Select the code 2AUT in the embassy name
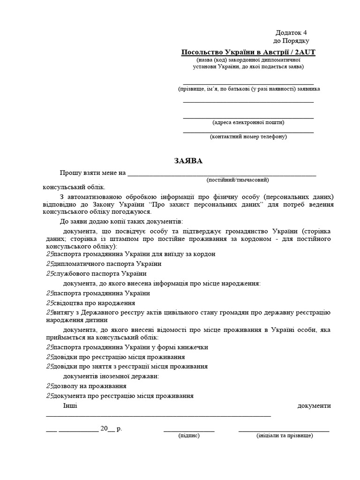pos(303,52)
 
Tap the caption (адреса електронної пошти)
pos(248,122)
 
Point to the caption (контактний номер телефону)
pos(248,136)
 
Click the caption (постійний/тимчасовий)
pos(238,180)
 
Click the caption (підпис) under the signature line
pos(189,435)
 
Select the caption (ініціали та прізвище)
pos(285,435)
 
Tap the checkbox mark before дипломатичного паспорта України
pos(50,264)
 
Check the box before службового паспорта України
pos(50,274)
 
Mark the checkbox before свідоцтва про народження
pos(50,303)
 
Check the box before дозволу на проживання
pos(50,386)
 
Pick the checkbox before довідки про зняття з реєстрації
pos(50,367)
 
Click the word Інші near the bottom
pos(70,405)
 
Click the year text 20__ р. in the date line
pos(111,428)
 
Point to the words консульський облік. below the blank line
pos(71,186)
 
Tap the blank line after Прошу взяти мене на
pos(222,174)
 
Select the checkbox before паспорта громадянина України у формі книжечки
pos(50,347)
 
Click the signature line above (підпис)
pos(189,430)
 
